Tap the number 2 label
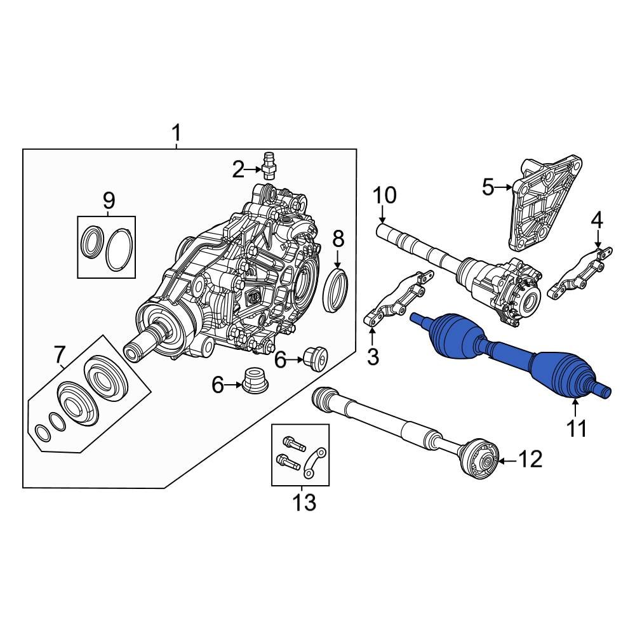(x=237, y=169)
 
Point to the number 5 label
(x=488, y=187)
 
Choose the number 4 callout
(x=596, y=222)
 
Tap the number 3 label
(x=372, y=357)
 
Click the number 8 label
(x=338, y=239)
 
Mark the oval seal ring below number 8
(x=337, y=290)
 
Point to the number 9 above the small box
(x=109, y=201)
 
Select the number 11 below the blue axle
(x=577, y=429)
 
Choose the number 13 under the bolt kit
(x=304, y=503)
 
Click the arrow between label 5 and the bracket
(x=504, y=187)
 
